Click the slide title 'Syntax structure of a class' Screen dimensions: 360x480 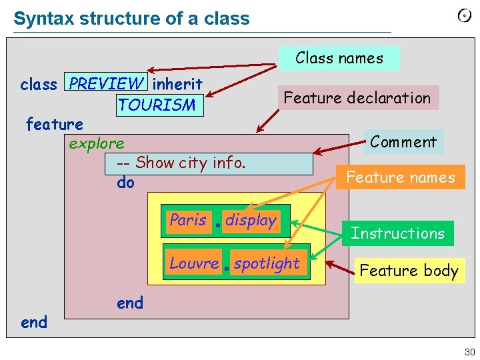point(131,18)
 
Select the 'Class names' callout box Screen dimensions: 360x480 point(339,58)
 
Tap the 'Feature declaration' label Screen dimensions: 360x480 point(357,98)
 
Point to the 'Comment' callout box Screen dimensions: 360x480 point(403,141)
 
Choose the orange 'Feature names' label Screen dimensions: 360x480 point(400,177)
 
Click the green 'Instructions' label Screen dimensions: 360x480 point(397,233)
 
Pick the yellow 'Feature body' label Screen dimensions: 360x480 point(409,270)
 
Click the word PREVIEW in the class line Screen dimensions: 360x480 point(106,83)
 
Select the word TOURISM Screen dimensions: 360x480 point(157,105)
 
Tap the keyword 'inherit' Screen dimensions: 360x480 point(177,84)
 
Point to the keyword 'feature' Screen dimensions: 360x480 point(54,124)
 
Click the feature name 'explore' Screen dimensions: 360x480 point(97,143)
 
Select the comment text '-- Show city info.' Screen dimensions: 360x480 point(181,163)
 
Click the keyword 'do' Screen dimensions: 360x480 point(125,182)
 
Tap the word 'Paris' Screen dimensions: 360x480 point(188,220)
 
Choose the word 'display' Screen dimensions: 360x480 point(251,221)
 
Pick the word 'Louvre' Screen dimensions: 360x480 point(194,263)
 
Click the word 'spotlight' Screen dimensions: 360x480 point(267,264)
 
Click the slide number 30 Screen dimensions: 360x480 point(469,352)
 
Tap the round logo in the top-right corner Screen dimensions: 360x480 point(464,16)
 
